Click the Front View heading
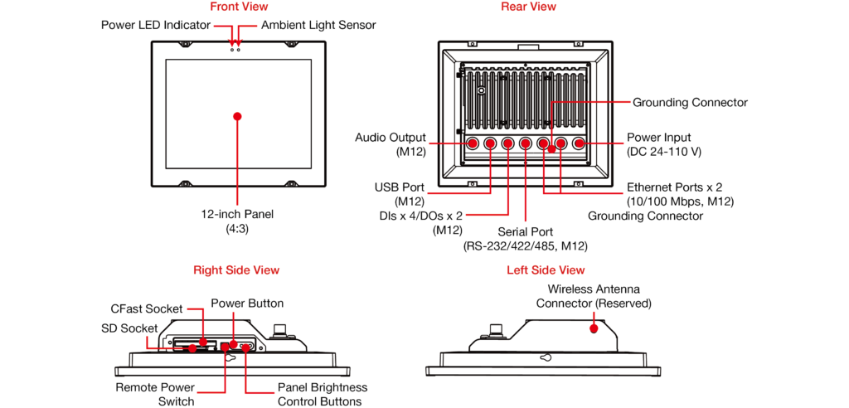pyautogui.click(x=239, y=7)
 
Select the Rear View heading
pyautogui.click(x=528, y=7)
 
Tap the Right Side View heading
pyautogui.click(x=236, y=270)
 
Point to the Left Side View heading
pyautogui.click(x=546, y=270)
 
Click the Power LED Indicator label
pyautogui.click(x=155, y=26)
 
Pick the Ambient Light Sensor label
pyautogui.click(x=318, y=26)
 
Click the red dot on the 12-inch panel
pyautogui.click(x=238, y=115)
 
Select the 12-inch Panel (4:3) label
pyautogui.click(x=237, y=221)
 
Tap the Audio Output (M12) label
pyautogui.click(x=391, y=144)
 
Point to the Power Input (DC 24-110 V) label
pyautogui.click(x=664, y=144)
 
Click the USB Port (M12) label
pyautogui.click(x=400, y=195)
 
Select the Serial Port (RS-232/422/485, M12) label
pyautogui.click(x=526, y=239)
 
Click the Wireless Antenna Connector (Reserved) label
pyautogui.click(x=594, y=297)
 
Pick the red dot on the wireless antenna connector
pyautogui.click(x=594, y=328)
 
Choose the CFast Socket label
pyautogui.click(x=147, y=309)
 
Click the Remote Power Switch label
pyautogui.click(x=155, y=394)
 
